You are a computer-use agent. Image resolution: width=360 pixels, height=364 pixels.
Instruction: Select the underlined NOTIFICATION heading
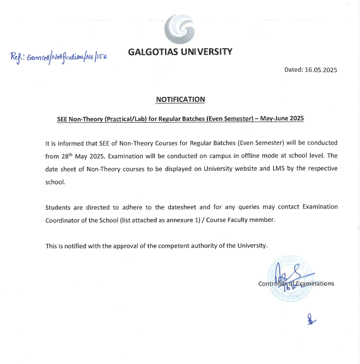tap(180, 100)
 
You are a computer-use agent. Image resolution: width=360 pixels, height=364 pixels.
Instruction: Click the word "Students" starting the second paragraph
tap(59, 207)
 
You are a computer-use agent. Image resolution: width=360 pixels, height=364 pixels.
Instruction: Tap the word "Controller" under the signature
tap(272, 284)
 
